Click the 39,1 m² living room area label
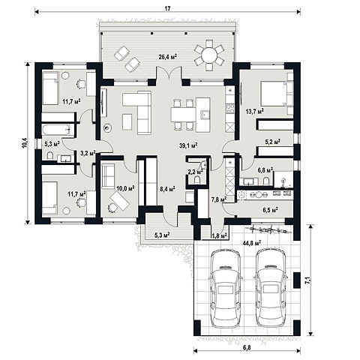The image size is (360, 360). [188, 145]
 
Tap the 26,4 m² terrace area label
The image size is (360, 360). [168, 57]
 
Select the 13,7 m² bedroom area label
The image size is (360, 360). [255, 111]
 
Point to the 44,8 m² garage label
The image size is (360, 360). [252, 242]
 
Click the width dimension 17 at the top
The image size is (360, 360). [167, 8]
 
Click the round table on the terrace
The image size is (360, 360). [209, 55]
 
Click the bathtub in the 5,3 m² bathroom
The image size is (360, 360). [58, 130]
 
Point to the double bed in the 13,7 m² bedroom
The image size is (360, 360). [277, 94]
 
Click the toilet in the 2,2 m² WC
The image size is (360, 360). [197, 180]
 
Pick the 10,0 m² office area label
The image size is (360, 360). [126, 188]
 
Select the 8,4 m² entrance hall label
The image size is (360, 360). [167, 188]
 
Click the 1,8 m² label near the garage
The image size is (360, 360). [219, 235]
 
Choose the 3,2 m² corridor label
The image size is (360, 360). [88, 152]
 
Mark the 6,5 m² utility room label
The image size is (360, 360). [271, 209]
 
